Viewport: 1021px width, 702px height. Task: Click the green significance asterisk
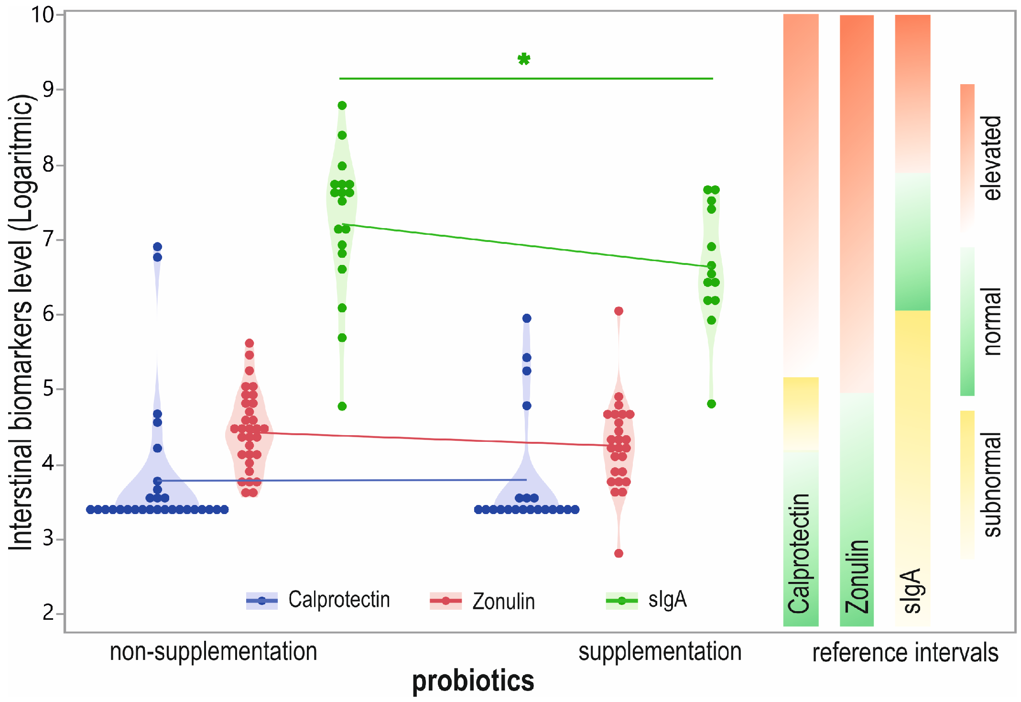tap(524, 59)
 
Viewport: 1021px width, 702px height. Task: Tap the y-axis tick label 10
tap(43, 15)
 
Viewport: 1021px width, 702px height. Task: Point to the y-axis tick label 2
tap(48, 613)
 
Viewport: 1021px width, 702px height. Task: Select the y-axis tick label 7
tap(48, 239)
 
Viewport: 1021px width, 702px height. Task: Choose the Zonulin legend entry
tap(483, 601)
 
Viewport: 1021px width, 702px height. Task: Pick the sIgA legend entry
tap(647, 600)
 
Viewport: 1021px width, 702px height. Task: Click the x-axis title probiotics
tap(473, 681)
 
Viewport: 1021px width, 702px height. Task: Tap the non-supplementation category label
tap(213, 652)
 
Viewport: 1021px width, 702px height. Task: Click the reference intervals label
tap(905, 653)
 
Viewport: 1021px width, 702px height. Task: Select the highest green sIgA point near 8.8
tap(342, 105)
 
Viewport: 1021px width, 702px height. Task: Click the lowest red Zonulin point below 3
tap(619, 553)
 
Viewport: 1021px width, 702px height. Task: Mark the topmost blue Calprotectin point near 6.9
tap(157, 247)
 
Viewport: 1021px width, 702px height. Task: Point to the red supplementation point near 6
tap(619, 311)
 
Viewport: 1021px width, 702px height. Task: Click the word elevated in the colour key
tap(992, 158)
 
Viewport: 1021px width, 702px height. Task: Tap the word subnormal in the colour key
tap(992, 484)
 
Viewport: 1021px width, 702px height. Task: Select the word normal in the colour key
tap(992, 321)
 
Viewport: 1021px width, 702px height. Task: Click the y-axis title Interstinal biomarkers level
tap(22, 321)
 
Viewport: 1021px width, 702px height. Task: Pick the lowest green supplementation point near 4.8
tap(711, 404)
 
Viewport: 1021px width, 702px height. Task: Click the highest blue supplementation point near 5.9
tap(526, 318)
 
